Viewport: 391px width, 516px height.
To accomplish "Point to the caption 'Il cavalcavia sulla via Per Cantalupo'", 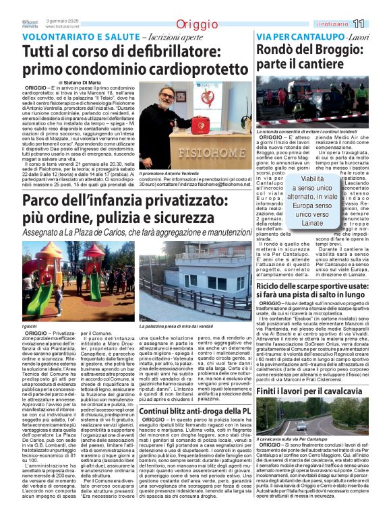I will coord(300,439).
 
